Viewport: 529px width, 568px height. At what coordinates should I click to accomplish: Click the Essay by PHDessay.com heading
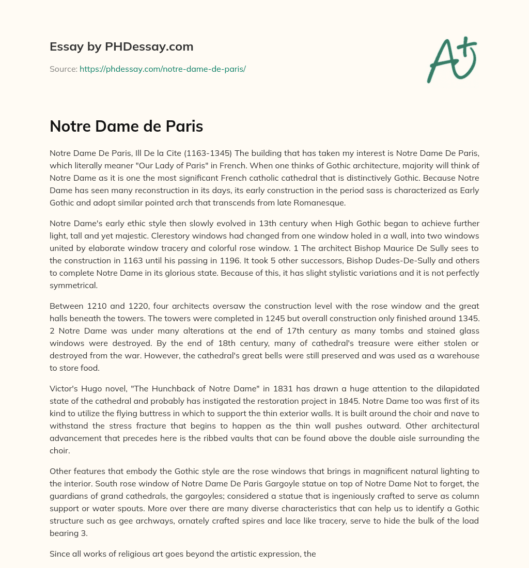[121, 46]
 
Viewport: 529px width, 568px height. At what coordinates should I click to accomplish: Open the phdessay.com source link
[162, 69]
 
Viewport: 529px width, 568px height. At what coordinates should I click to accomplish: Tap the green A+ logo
[451, 59]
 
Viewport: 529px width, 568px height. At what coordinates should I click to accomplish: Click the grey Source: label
[63, 69]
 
